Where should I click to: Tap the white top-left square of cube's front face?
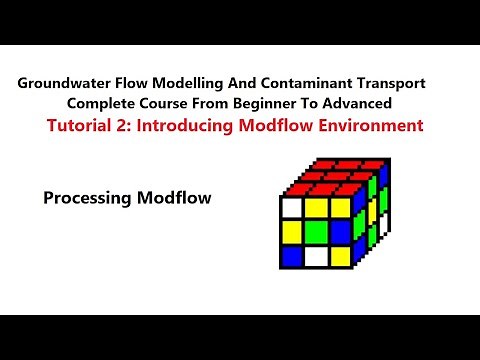292,207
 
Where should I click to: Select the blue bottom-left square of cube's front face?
292,257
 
